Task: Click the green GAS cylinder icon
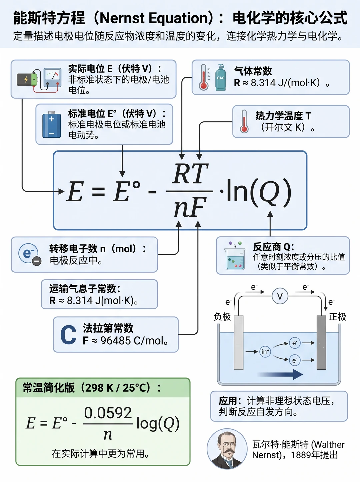coord(221,77)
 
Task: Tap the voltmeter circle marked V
coord(280,296)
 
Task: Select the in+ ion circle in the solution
coord(265,352)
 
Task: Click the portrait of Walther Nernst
coord(227,449)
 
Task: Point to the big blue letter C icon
coord(68,335)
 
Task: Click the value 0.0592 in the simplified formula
coord(108,413)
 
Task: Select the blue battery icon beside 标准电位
coord(52,125)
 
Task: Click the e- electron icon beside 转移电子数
coord(30,254)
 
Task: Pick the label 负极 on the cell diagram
coord(222,317)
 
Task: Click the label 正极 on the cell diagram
coord(338,317)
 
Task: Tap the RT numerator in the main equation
coord(190,173)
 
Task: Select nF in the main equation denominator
coord(190,207)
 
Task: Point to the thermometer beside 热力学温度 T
coord(244,121)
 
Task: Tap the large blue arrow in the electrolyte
coord(280,374)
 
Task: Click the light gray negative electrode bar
coord(239,343)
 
